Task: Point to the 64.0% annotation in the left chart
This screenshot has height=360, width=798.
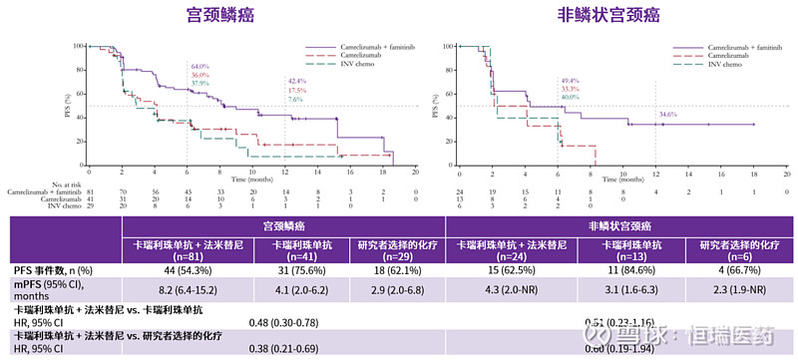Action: (199, 66)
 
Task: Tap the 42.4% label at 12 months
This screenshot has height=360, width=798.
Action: (296, 81)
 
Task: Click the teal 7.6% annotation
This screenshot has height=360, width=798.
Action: (296, 99)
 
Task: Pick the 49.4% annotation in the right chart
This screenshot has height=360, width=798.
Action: (570, 81)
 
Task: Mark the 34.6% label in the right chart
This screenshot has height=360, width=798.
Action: (667, 115)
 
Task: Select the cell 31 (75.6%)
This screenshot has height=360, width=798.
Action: (299, 269)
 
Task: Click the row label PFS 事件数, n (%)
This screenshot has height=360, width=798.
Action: (56, 269)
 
